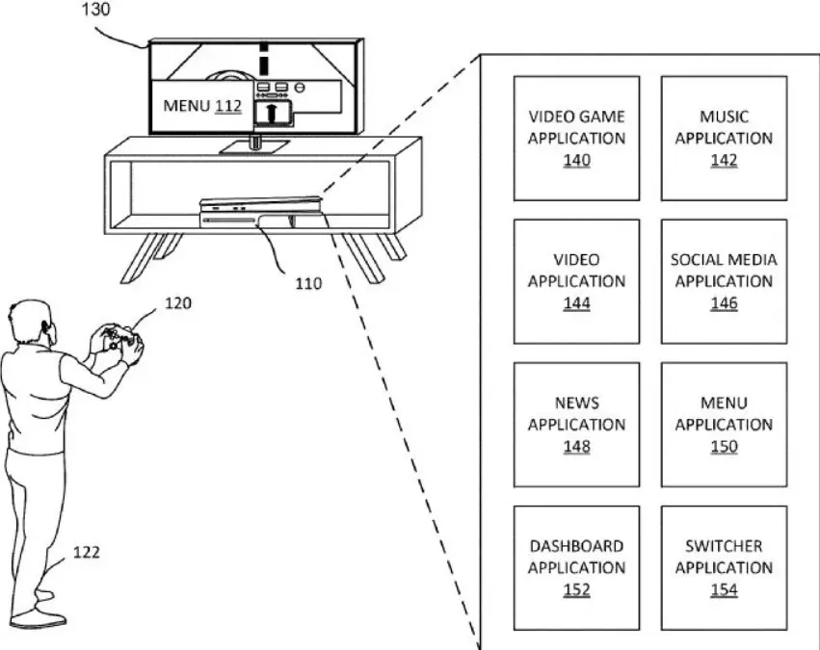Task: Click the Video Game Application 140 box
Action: (x=576, y=139)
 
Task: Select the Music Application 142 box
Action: (x=724, y=139)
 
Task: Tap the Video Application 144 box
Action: (x=576, y=281)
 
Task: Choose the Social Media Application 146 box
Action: (x=724, y=281)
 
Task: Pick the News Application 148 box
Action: (x=576, y=425)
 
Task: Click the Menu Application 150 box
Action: (x=724, y=425)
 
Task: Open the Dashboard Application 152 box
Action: (x=576, y=568)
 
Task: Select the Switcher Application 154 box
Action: (x=724, y=568)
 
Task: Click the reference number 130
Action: (x=96, y=9)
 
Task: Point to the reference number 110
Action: (x=308, y=284)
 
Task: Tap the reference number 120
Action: (x=178, y=303)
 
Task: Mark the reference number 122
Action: (x=87, y=553)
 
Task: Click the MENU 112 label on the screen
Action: (x=202, y=106)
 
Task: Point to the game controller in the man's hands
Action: (x=121, y=340)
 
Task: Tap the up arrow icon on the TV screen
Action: (x=271, y=113)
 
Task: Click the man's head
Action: (x=33, y=322)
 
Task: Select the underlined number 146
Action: (x=724, y=303)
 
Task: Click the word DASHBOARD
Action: (x=576, y=546)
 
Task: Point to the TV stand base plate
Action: (x=254, y=146)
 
